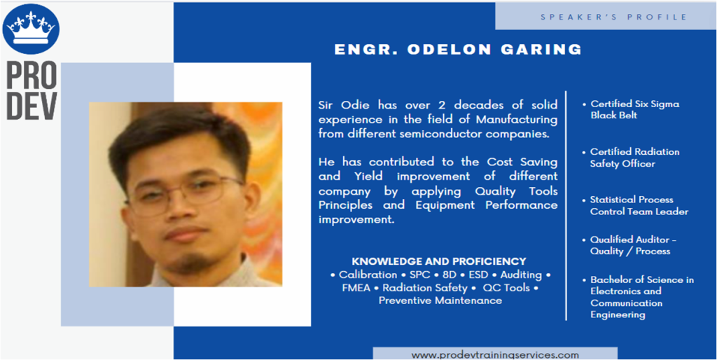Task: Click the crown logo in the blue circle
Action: pos(31,29)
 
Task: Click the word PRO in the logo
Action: pos(32,75)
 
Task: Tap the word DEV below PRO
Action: pos(32,106)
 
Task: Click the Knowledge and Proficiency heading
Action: pos(439,262)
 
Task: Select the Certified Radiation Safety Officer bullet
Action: pos(632,158)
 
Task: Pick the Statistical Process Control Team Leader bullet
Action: pos(636,206)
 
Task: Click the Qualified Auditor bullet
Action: pos(629,246)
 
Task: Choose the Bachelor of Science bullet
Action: pos(639,297)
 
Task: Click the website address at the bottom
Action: pos(495,355)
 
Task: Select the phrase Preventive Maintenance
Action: pos(440,300)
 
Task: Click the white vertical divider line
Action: pos(566,205)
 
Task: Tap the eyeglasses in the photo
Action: pos(185,194)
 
